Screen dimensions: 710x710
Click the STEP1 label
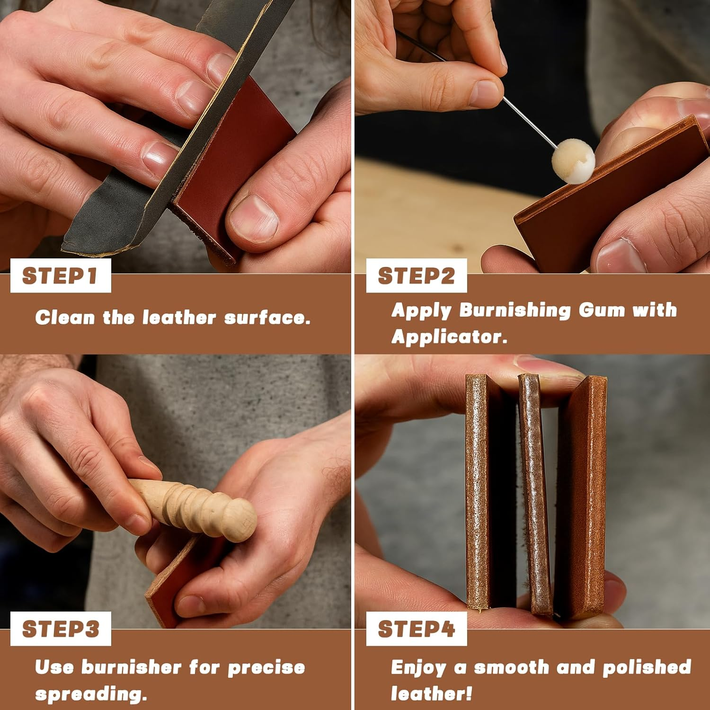click(x=60, y=276)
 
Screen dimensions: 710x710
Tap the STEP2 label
click(x=416, y=276)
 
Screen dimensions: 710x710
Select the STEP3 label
click(x=60, y=629)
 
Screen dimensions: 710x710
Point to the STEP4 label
click(x=416, y=629)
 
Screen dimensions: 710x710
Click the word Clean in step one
click(x=65, y=318)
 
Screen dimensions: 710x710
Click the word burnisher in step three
click(x=132, y=668)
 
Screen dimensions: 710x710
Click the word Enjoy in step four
click(x=418, y=668)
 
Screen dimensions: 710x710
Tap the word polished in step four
click(x=647, y=668)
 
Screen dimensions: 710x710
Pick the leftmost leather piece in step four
click(x=478, y=492)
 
